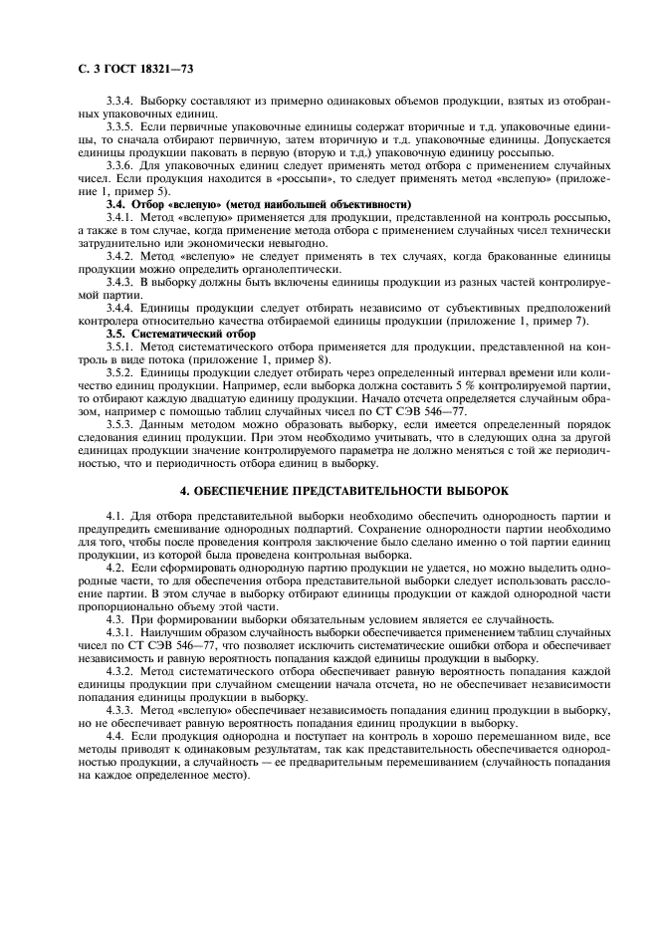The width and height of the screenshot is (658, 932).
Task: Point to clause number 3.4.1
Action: (x=121, y=215)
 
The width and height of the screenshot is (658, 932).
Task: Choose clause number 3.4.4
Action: (x=121, y=307)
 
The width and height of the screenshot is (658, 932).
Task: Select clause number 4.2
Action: (x=116, y=568)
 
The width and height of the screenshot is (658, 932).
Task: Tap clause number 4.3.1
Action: (x=121, y=633)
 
